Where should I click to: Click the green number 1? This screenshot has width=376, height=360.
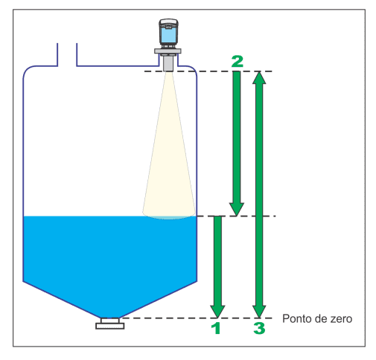click(217, 328)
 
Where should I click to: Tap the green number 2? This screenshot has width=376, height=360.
click(238, 61)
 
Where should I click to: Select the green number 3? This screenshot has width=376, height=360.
click(259, 328)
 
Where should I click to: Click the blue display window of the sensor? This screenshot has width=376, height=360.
click(169, 35)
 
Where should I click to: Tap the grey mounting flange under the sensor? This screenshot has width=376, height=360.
click(168, 51)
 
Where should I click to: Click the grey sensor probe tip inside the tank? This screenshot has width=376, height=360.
click(168, 63)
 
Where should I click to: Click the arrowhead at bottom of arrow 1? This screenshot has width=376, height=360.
click(217, 311)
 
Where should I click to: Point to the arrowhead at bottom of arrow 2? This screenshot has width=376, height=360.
click(237, 209)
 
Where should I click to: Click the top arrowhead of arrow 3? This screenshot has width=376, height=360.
click(259, 77)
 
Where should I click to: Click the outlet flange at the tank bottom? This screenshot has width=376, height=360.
click(110, 324)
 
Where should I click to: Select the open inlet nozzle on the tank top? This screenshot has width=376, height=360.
click(67, 55)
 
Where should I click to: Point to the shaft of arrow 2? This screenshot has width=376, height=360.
click(237, 137)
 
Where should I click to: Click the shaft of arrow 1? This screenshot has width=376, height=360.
click(217, 260)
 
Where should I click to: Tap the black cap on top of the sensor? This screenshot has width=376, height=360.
click(169, 22)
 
